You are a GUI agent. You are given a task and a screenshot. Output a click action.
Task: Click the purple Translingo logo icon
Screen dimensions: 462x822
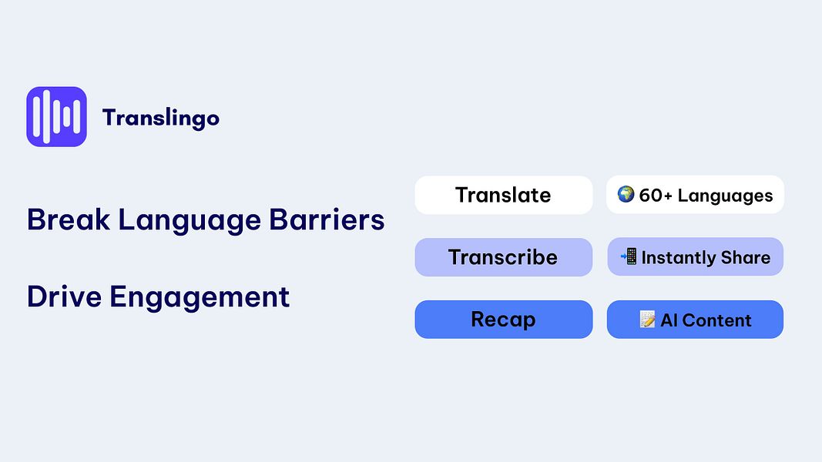click(x=56, y=116)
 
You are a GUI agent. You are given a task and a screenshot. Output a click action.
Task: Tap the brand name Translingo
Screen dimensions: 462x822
click(x=160, y=118)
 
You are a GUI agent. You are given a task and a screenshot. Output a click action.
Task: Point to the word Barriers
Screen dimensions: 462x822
click(x=327, y=220)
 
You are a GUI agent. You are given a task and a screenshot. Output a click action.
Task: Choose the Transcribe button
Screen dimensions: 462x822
click(x=503, y=257)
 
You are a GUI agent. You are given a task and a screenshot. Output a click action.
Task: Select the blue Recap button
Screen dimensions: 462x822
click(x=503, y=320)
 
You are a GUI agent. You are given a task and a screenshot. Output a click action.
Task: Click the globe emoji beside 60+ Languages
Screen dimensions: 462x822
click(x=626, y=195)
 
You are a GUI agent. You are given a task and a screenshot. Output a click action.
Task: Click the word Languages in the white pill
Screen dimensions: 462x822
click(x=726, y=196)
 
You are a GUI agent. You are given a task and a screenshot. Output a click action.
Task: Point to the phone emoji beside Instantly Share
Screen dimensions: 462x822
click(x=629, y=257)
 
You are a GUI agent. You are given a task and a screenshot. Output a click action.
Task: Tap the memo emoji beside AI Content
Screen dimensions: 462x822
click(x=648, y=320)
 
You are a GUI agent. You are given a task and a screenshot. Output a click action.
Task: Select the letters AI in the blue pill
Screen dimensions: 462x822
click(x=669, y=320)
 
